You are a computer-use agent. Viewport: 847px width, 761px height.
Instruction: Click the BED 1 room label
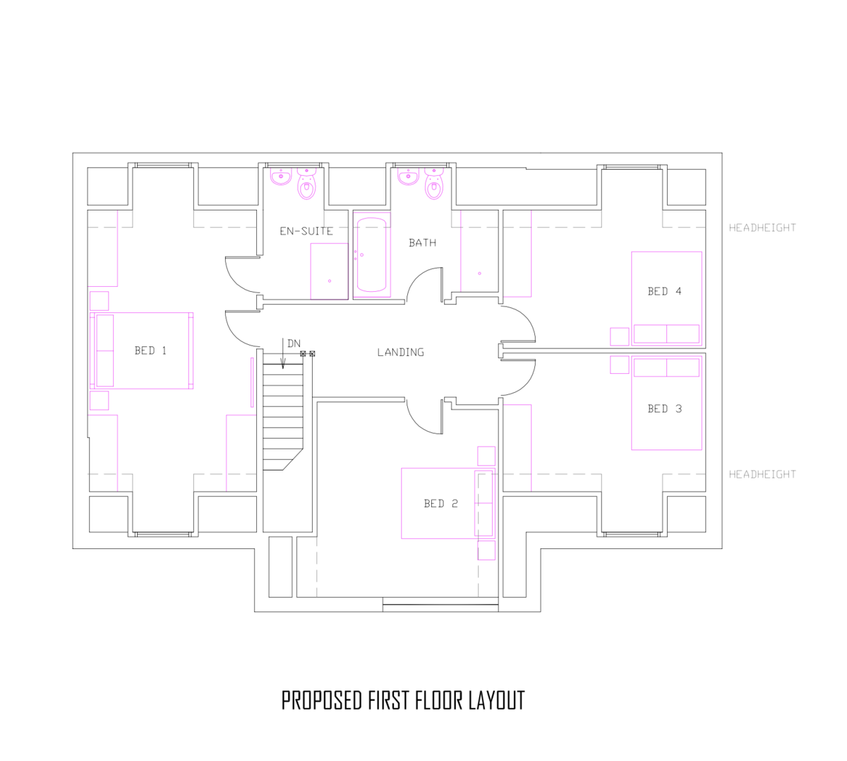click(150, 350)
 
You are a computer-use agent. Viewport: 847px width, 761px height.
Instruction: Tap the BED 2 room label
click(440, 504)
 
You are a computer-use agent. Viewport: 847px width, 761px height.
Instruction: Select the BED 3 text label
click(664, 409)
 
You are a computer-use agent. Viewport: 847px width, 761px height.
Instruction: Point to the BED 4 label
click(664, 291)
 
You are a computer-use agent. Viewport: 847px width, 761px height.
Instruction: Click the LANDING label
click(400, 353)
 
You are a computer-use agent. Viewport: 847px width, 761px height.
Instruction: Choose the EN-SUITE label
click(306, 231)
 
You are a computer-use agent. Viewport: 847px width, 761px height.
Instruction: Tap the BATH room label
click(422, 243)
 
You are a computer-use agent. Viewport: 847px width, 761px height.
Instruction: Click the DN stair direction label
click(294, 343)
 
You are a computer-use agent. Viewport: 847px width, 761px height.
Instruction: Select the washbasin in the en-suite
click(281, 176)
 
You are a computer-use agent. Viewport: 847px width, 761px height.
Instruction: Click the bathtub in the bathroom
click(372, 254)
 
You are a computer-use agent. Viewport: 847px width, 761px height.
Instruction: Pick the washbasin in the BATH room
click(408, 176)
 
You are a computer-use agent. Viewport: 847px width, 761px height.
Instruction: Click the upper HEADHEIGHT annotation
click(762, 228)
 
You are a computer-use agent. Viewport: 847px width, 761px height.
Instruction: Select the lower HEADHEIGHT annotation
click(762, 474)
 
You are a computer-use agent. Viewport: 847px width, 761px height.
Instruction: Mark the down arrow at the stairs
click(283, 353)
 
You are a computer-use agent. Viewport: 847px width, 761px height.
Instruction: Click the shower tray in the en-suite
click(329, 271)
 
